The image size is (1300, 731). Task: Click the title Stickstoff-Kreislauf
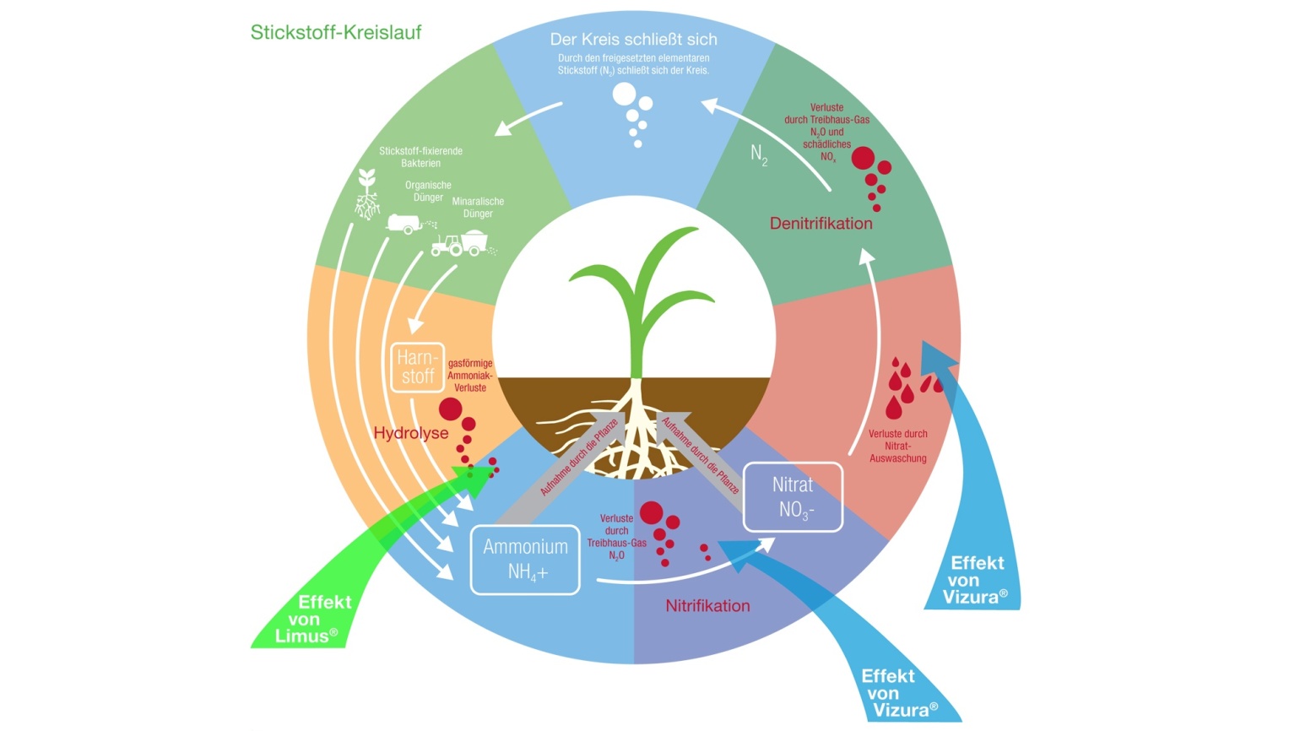[335, 33]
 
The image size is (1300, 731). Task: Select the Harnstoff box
[417, 367]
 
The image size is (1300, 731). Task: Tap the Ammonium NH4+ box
[525, 560]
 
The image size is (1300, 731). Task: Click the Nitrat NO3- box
[793, 497]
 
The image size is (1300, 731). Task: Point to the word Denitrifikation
[821, 224]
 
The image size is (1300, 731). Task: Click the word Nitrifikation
[707, 606]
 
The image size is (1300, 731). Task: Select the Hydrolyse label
[411, 433]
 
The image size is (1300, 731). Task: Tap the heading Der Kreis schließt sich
[633, 40]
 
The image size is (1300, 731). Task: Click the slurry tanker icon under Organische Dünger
[405, 224]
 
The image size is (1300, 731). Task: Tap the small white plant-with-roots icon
[366, 195]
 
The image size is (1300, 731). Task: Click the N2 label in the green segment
[759, 154]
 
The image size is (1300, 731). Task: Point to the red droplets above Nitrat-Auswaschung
[908, 387]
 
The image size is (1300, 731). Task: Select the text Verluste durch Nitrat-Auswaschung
[897, 446]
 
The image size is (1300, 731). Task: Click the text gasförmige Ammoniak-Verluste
[469, 376]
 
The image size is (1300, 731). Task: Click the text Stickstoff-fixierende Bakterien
[420, 157]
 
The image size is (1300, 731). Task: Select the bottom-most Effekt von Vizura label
[900, 693]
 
